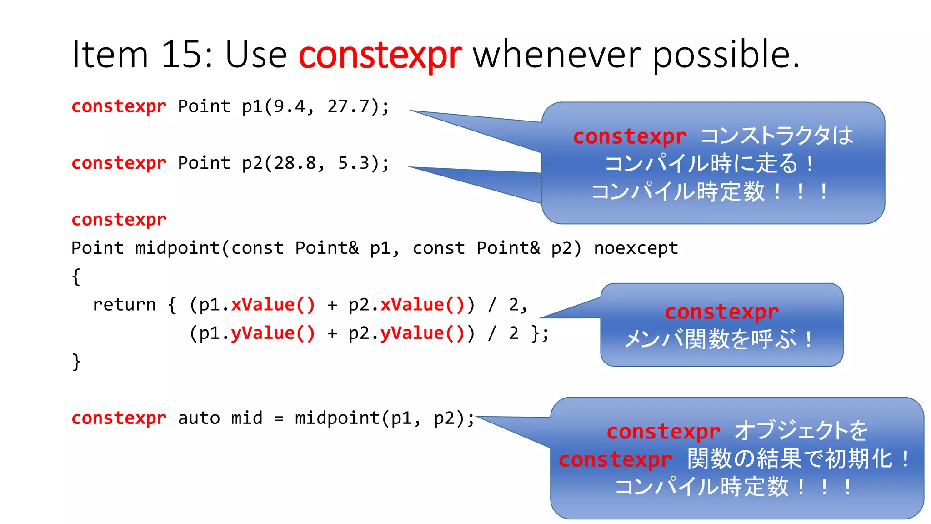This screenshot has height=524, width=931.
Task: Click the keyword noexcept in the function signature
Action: [636, 248]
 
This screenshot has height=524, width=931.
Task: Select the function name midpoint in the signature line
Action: [178, 248]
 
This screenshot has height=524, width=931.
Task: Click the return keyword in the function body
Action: [124, 305]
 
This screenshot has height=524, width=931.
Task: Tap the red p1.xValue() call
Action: [273, 305]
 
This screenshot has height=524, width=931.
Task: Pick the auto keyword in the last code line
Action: [199, 418]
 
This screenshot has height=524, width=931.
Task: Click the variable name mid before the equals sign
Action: [247, 418]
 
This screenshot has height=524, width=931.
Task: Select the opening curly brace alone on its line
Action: [76, 277]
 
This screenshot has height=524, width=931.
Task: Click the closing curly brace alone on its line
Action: [76, 362]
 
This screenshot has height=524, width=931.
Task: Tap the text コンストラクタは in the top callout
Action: [776, 136]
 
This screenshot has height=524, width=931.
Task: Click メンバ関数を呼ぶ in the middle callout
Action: [710, 339]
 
